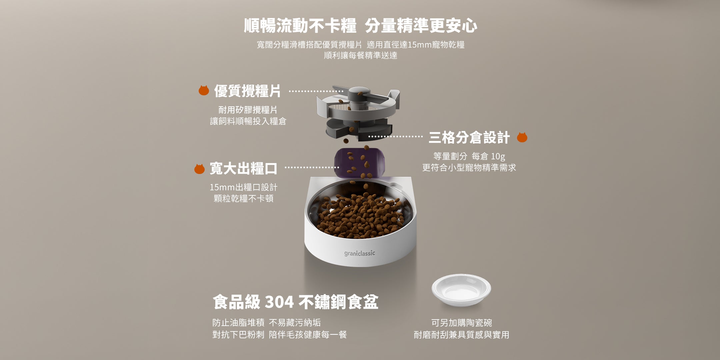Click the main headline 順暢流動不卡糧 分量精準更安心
point(360,26)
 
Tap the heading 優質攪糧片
point(247,91)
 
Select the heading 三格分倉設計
point(469,138)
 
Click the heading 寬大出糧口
point(243,169)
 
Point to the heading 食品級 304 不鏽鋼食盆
point(295,302)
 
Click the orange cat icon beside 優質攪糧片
point(204,90)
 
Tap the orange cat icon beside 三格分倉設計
point(522,137)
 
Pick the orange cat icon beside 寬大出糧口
point(199,169)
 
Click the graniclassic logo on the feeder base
point(360,253)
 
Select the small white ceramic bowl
point(461,289)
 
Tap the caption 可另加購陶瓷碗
point(461,323)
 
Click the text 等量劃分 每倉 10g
point(469,156)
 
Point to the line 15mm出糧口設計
point(243,187)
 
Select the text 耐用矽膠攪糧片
point(248,110)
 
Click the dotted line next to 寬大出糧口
point(312,168)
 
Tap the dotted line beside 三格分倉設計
point(395,137)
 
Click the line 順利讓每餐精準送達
point(361,55)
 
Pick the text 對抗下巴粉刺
point(238,334)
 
